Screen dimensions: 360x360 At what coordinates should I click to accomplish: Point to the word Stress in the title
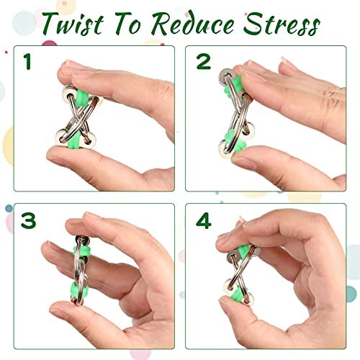pos(282,23)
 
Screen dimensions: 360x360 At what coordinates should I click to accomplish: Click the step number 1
pos(27,62)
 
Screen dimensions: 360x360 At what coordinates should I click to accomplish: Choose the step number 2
pos(204,62)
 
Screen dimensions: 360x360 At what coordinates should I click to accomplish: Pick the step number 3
pos(28,220)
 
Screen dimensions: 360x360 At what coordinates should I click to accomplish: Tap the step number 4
pos(204,220)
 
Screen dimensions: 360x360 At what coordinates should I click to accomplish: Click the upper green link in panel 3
pos(82,250)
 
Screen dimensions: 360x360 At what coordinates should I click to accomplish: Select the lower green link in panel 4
pos(236,293)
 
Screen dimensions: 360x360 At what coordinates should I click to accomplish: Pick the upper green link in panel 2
pos(235,85)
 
